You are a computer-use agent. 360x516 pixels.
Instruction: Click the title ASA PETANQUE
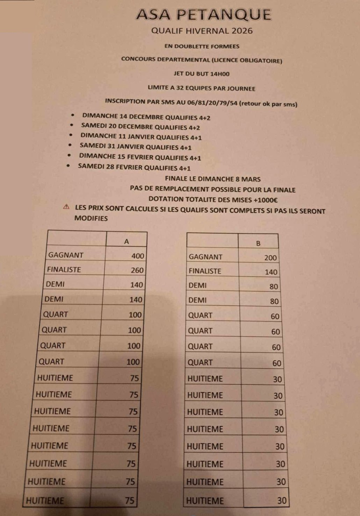[204, 15]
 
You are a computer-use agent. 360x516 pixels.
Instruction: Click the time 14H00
[220, 74]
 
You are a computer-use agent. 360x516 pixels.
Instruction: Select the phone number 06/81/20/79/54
[212, 103]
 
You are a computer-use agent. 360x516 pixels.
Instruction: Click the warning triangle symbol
[66, 207]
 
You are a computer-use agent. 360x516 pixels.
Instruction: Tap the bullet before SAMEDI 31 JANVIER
[70, 145]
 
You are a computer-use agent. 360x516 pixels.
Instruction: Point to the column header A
[127, 241]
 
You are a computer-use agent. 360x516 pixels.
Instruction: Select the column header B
[258, 243]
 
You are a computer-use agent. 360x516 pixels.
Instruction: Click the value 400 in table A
[138, 256]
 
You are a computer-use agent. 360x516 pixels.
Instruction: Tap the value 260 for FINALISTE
[137, 270]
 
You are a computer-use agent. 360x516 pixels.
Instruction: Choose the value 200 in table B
[271, 258]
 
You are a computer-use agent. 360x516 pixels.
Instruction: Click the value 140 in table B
[271, 272]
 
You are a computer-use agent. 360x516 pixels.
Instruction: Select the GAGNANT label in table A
[66, 255]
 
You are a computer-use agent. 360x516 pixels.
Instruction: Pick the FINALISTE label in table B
[205, 271]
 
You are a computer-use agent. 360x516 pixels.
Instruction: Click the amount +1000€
[266, 200]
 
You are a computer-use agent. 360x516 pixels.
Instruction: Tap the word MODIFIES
[91, 218]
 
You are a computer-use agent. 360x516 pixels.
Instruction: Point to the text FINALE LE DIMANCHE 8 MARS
[213, 179]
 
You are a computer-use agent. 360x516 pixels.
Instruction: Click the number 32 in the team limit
[180, 88]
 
